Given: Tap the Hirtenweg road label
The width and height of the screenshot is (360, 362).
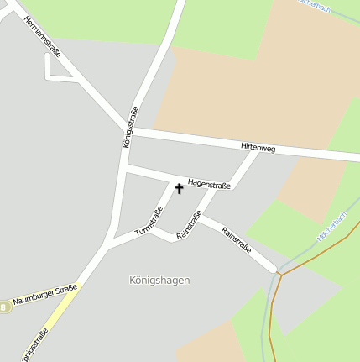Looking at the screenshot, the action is (258, 148).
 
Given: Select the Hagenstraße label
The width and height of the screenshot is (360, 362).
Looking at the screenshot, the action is (209, 183).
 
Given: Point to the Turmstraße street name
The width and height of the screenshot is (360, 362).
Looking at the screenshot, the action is (148, 220).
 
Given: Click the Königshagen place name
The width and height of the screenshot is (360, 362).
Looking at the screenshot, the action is (160, 280).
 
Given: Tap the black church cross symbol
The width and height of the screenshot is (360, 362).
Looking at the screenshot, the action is (179, 188).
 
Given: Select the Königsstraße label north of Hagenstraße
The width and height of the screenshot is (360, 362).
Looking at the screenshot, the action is (129, 128).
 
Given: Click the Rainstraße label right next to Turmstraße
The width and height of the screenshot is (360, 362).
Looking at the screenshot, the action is (189, 226).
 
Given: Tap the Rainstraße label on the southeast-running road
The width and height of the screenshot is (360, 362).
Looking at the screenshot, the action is (237, 239).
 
